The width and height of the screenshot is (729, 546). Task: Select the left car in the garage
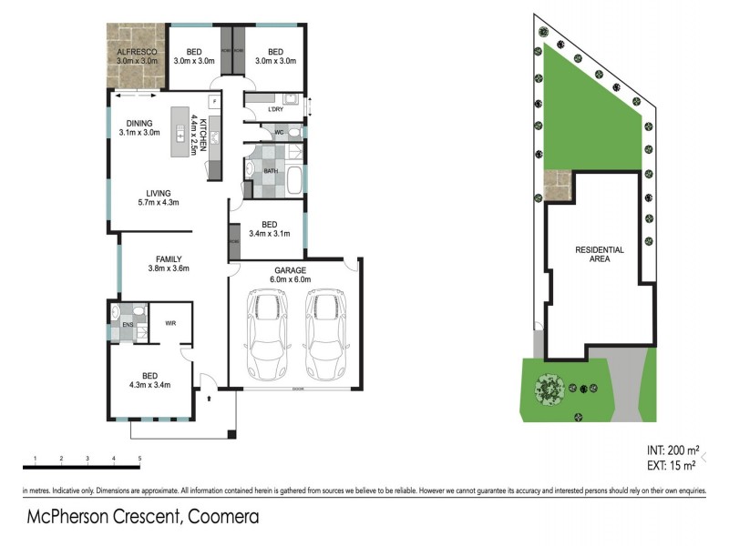point(265,336)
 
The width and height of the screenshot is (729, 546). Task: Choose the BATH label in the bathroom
point(271,170)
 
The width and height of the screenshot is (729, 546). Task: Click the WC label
point(280,132)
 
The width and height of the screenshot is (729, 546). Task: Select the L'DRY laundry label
point(276,109)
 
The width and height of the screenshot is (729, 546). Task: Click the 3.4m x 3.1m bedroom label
point(269,229)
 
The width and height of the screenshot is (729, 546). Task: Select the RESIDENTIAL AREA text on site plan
point(599,254)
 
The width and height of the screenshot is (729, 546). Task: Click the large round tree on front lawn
point(549,389)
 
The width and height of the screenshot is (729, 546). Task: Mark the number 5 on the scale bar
point(139,458)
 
